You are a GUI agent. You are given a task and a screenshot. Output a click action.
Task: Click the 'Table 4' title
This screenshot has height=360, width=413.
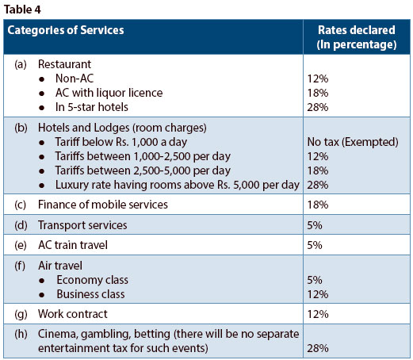click(x=23, y=9)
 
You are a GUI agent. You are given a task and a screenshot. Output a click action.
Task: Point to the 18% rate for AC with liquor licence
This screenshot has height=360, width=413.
click(x=318, y=93)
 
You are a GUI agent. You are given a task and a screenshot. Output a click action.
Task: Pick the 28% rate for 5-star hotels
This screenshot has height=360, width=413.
click(x=318, y=107)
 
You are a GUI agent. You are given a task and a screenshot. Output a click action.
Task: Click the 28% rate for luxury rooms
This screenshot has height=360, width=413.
click(x=318, y=185)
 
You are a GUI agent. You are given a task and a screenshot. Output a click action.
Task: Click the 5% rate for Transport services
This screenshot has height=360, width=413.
click(x=315, y=225)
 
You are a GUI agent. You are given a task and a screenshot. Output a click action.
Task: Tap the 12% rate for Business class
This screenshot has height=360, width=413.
click(x=318, y=294)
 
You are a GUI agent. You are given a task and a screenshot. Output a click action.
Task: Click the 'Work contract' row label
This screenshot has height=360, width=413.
click(x=70, y=314)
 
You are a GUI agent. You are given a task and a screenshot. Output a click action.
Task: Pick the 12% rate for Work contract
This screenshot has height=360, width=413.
click(x=318, y=314)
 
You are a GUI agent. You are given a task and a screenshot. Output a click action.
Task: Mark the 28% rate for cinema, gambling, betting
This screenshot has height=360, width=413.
click(x=318, y=349)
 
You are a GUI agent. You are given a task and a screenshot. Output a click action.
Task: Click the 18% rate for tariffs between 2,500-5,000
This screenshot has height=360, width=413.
click(x=318, y=170)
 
